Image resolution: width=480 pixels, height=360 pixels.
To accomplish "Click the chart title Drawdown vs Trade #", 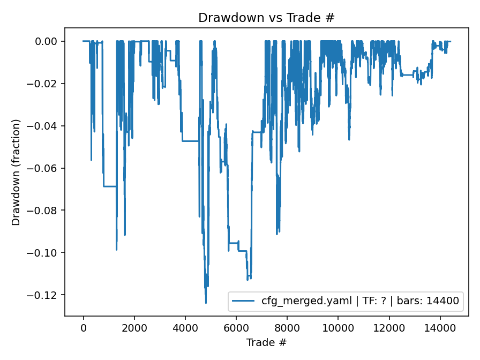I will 266,17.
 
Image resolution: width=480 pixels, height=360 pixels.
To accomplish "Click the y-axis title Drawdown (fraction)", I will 16,172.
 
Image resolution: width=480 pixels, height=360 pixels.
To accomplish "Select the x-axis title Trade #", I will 266,342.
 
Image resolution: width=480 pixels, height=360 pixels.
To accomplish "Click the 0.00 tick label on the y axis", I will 49,41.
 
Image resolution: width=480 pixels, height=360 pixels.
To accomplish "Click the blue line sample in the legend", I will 243,301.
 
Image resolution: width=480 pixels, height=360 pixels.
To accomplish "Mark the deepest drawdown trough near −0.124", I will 206,303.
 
